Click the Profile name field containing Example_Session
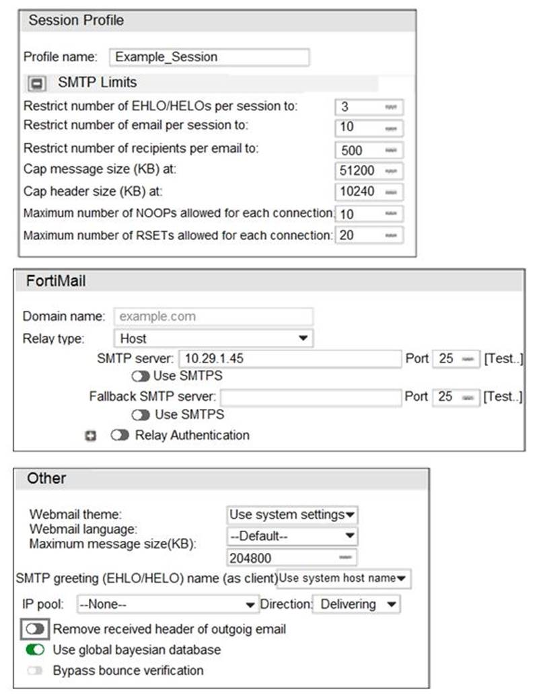[x=209, y=57]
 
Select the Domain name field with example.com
[x=213, y=316]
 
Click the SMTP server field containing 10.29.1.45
[x=289, y=359]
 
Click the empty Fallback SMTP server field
[x=310, y=397]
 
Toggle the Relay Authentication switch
[x=120, y=435]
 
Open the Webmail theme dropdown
[x=292, y=515]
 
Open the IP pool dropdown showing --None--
[x=168, y=604]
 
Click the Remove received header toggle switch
[x=35, y=629]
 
